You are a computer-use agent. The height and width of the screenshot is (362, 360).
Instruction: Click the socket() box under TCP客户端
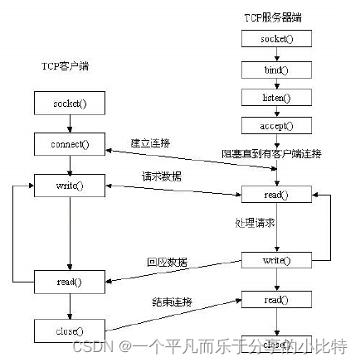coord(70,103)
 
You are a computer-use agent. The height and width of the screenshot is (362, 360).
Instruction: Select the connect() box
coord(70,144)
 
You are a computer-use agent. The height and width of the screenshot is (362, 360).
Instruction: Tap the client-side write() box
coord(70,186)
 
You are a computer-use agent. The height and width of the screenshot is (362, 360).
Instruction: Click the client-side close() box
coord(70,331)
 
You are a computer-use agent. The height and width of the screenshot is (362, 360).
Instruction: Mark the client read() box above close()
coord(70,282)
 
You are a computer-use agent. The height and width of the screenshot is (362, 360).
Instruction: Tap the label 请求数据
coord(159,176)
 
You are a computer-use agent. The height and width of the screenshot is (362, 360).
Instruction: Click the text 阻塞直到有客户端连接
coord(271,153)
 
